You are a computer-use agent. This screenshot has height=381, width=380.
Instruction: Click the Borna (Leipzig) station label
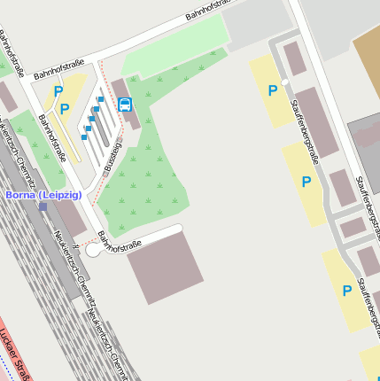point(43,194)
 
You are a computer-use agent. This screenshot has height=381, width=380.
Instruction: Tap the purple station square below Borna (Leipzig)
point(43,206)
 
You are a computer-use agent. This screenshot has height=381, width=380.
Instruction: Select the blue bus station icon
point(125,105)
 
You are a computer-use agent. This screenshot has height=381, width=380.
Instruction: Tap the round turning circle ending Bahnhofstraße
point(94,251)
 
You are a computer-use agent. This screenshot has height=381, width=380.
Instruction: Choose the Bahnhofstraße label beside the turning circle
point(120,241)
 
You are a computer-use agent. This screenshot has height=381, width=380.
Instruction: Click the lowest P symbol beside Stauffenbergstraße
point(346,290)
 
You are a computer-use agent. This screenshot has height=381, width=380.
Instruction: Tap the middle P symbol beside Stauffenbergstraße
point(306,182)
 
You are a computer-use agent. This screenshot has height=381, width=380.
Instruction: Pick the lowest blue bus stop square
point(84,137)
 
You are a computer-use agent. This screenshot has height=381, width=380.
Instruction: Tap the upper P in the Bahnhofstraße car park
point(58,90)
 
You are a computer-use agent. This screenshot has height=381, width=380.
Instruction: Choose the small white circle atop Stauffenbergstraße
point(284,82)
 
